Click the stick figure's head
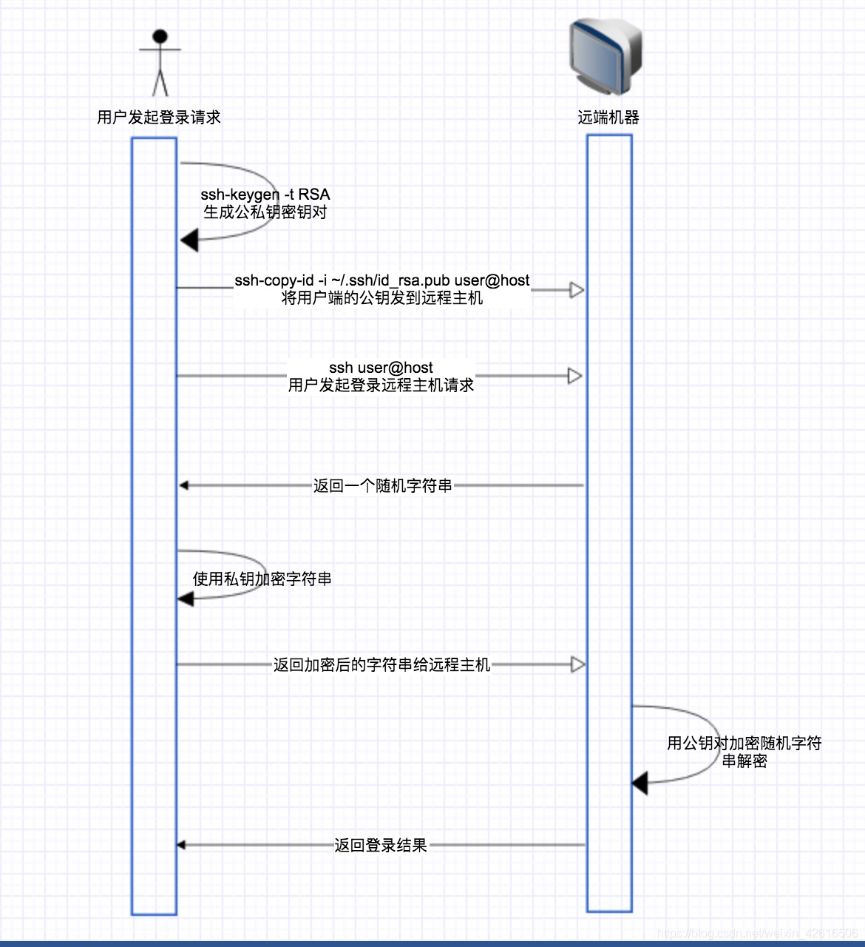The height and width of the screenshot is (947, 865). pos(160,36)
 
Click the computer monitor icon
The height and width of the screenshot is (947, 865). pos(605,56)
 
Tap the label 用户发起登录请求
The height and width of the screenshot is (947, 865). pos(159,117)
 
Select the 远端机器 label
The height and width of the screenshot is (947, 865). pos(608,117)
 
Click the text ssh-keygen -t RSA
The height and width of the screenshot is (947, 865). pos(265,195)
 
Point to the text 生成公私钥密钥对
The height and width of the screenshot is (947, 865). pos(265,212)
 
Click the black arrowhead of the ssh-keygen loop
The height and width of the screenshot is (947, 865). pos(189,240)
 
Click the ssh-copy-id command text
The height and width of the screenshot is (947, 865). pos(381,280)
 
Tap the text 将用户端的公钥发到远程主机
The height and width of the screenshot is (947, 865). pos(381,298)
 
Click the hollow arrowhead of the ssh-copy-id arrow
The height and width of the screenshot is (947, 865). pos(577,290)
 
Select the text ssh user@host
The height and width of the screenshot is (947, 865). pos(381,367)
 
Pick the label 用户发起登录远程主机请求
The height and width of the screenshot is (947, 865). pos(381,385)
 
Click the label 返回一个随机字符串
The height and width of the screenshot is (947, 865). pos(383,485)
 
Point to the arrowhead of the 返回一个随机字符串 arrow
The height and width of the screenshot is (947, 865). pos(184,485)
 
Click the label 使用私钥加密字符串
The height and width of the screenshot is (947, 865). pos(262,579)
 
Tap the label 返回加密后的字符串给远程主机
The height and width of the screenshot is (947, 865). pos(381,664)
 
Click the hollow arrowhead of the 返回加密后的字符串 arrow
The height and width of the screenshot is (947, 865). pos(578,664)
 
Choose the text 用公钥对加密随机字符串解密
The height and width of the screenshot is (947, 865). pos(744,752)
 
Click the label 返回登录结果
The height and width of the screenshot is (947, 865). pos(381,845)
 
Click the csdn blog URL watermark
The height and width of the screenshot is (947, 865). pos(757,933)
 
